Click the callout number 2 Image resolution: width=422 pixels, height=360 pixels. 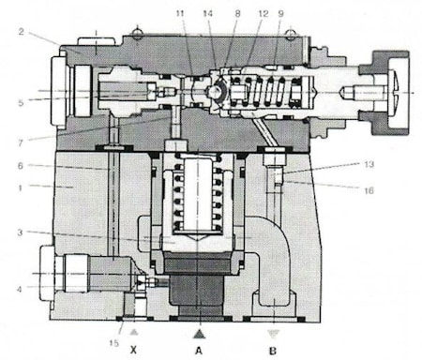pyautogui.click(x=21, y=32)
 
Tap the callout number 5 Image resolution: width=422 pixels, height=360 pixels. pyautogui.click(x=21, y=103)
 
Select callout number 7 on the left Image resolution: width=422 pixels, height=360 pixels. pyautogui.click(x=21, y=142)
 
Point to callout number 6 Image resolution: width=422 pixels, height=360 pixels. pyautogui.click(x=21, y=166)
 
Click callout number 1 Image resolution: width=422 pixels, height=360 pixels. pyautogui.click(x=20, y=187)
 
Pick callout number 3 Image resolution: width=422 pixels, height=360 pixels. pyautogui.click(x=20, y=232)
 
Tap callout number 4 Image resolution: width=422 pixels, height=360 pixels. pyautogui.click(x=20, y=290)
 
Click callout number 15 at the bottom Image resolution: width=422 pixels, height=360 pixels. pyautogui.click(x=114, y=343)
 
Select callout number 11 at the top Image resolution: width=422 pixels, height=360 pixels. pyautogui.click(x=180, y=13)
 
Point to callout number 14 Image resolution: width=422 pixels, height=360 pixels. pyautogui.click(x=207, y=13)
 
